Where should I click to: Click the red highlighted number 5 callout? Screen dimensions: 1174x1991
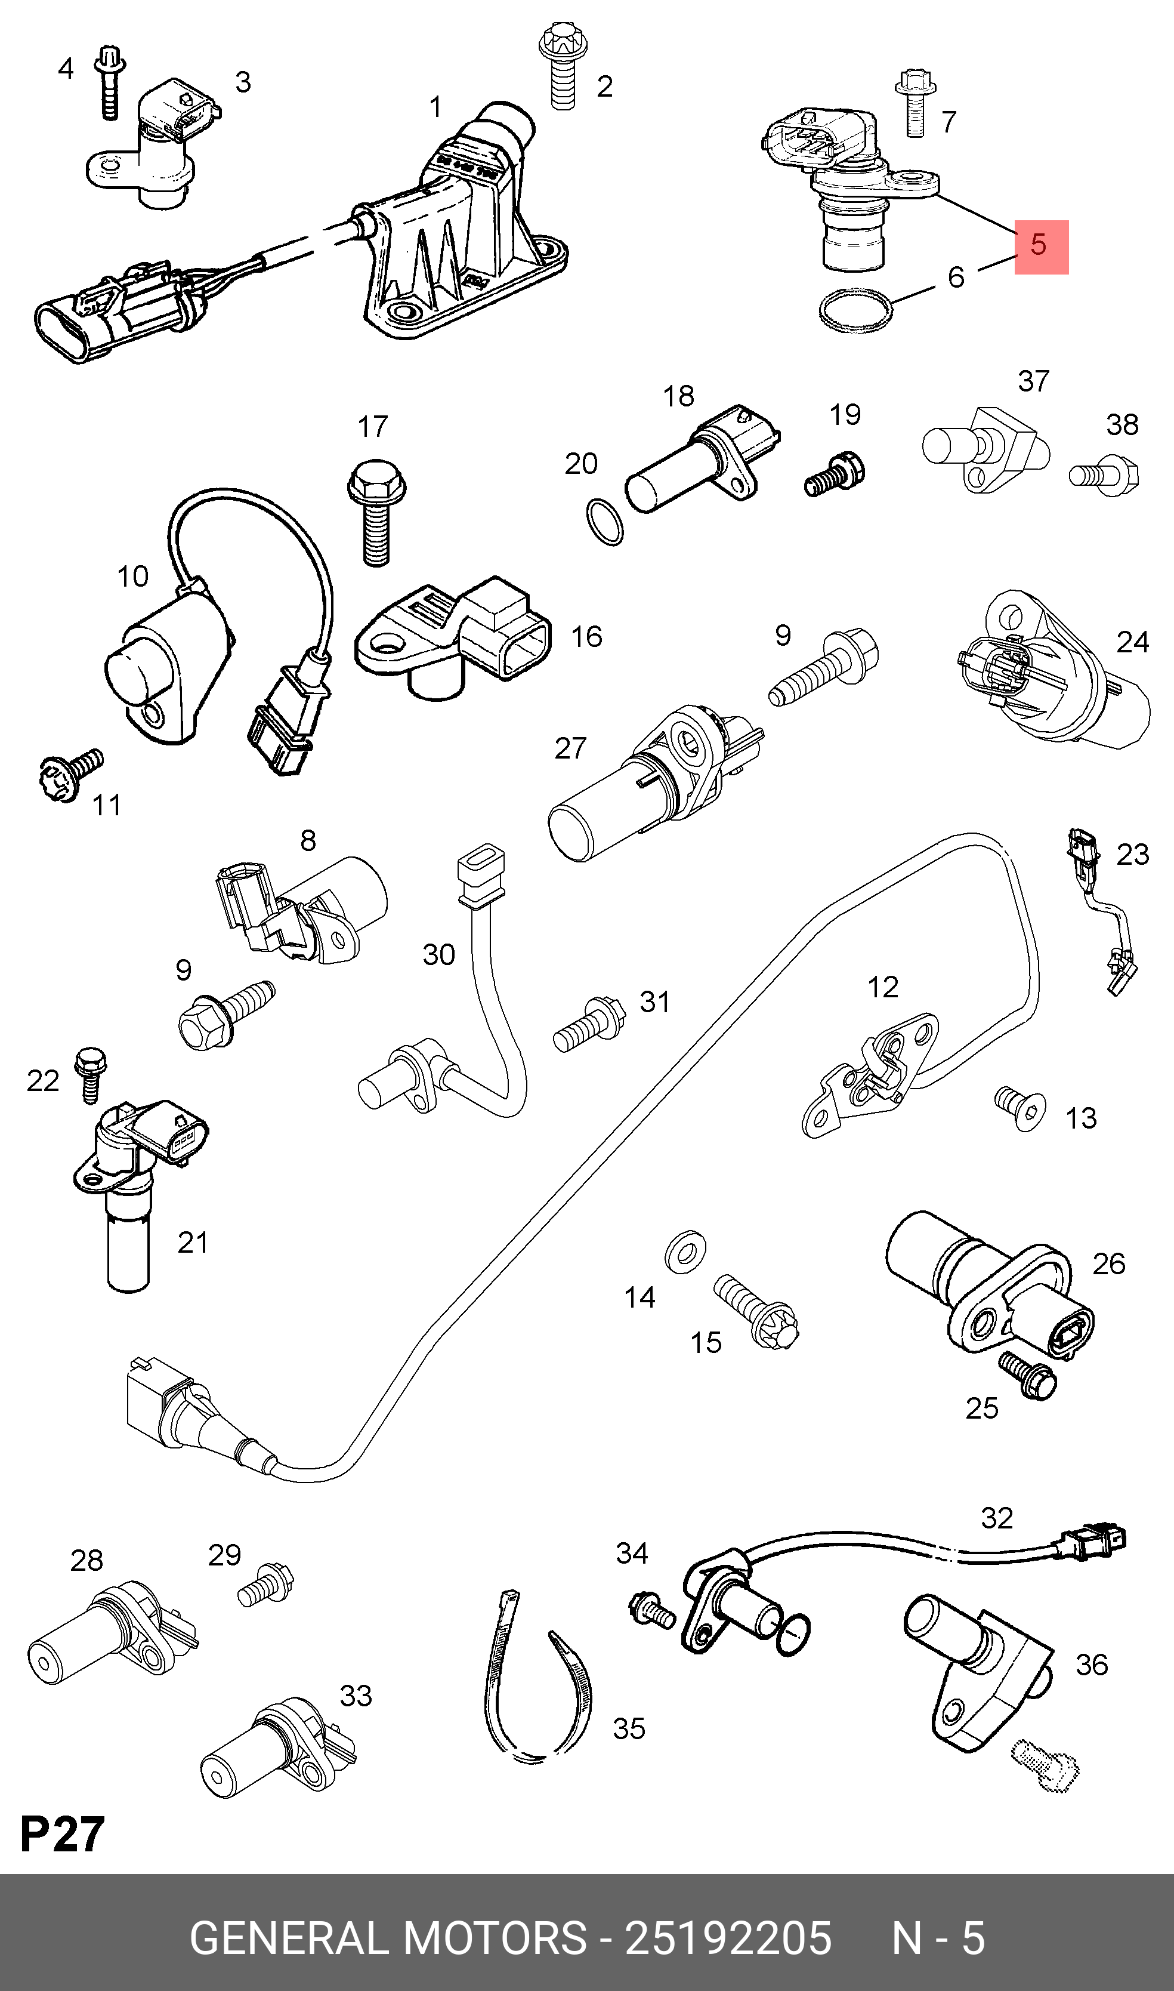(1041, 247)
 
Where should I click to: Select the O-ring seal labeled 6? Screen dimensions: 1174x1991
(855, 311)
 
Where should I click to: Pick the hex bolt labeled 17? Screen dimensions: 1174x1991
(376, 513)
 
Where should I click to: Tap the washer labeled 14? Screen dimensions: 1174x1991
(685, 1252)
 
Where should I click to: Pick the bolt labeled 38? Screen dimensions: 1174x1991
(1104, 475)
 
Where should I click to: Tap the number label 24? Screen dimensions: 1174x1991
(1132, 642)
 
